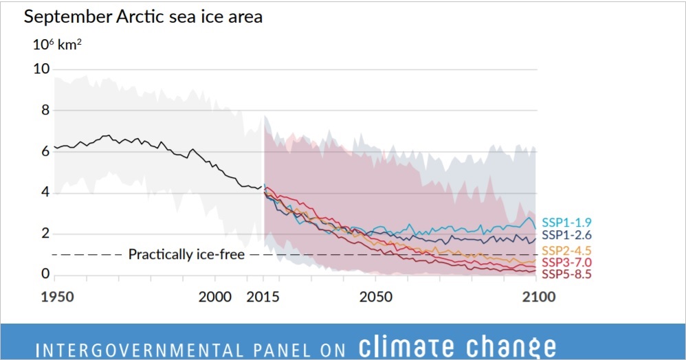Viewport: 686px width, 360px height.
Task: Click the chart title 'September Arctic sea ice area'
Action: (143, 17)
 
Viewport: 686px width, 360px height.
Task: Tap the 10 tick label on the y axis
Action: (41, 69)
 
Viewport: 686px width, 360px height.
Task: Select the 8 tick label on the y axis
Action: (45, 111)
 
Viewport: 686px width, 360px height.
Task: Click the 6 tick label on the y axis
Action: (45, 152)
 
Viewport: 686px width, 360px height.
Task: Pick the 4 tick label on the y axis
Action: (45, 193)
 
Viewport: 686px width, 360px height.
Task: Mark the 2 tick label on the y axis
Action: (45, 234)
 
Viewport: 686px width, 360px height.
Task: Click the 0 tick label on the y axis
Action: (45, 275)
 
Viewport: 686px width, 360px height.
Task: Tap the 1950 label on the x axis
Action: (54, 297)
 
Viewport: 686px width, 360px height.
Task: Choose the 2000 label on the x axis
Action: (214, 297)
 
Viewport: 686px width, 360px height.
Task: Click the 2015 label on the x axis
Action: (263, 297)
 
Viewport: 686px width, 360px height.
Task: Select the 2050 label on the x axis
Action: (375, 297)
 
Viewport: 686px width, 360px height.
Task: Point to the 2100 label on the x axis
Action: (535, 297)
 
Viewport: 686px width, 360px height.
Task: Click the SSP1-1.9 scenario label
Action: (567, 223)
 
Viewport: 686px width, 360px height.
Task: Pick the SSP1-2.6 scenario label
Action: (567, 236)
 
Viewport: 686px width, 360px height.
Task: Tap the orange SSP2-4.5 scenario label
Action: (567, 249)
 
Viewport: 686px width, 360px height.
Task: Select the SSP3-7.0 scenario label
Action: (567, 262)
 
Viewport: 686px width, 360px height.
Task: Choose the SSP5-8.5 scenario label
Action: (567, 274)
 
